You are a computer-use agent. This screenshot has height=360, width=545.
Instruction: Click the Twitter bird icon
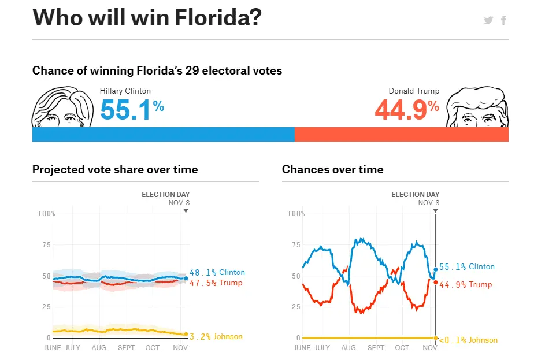(488, 20)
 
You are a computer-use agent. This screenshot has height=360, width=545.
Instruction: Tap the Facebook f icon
(503, 20)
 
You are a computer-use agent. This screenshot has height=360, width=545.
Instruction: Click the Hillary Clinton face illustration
(62, 107)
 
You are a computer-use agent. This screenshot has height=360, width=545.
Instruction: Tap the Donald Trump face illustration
(477, 107)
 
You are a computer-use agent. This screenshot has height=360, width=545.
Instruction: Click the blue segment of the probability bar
(163, 135)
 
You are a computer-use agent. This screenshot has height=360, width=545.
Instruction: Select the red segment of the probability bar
(401, 135)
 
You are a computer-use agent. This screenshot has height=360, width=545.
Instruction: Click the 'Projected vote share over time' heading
(115, 170)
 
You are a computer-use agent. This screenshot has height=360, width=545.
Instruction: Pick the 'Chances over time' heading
(332, 170)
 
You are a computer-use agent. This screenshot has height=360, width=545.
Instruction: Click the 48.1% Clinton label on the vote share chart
(217, 273)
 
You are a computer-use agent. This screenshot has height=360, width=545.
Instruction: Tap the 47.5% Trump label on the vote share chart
(216, 283)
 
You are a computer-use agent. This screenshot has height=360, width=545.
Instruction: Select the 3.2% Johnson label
(216, 337)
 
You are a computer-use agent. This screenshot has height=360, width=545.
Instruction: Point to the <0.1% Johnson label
(468, 340)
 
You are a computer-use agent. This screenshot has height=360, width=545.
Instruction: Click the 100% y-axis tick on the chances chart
(296, 214)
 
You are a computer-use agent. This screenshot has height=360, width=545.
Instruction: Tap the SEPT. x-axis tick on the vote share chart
(127, 348)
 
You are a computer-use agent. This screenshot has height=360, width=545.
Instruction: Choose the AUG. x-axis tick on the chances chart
(349, 348)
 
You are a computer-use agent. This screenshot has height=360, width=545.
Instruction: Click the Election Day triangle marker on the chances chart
(435, 211)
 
